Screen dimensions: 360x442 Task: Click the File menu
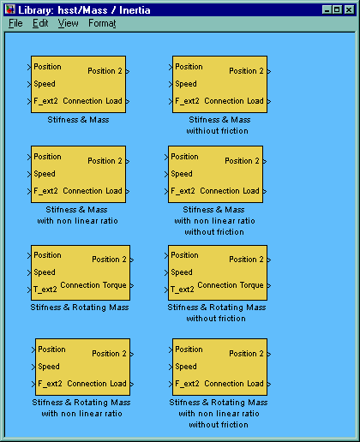click(x=15, y=23)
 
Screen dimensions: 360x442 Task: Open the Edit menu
click(x=40, y=23)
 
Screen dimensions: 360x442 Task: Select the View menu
click(x=68, y=23)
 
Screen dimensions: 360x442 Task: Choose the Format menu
click(x=102, y=23)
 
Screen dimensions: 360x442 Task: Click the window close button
click(x=349, y=9)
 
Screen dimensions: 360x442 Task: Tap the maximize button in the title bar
click(x=338, y=9)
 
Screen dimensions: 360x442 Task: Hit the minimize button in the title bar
click(x=327, y=9)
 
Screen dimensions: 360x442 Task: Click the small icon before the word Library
click(x=10, y=9)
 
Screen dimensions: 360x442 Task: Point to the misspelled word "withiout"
click(x=201, y=131)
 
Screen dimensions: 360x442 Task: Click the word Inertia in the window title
click(x=135, y=10)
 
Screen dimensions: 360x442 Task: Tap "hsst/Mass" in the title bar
click(x=82, y=10)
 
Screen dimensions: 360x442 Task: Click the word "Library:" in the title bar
click(x=36, y=10)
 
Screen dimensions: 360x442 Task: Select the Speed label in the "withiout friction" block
click(x=186, y=84)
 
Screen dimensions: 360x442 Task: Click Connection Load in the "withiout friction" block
click(x=234, y=101)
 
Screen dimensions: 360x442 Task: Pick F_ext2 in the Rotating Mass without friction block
click(x=187, y=384)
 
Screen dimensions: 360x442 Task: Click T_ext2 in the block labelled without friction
click(x=183, y=290)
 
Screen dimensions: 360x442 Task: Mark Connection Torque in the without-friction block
click(x=231, y=285)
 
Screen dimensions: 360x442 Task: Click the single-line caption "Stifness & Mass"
click(x=78, y=119)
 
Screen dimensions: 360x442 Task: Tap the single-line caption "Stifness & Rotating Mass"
click(x=80, y=308)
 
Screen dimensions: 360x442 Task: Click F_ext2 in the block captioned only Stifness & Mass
click(x=45, y=101)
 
